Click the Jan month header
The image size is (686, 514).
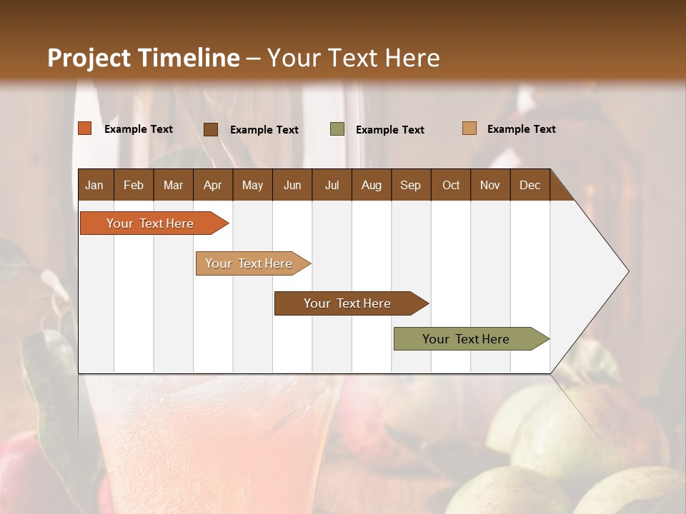pyautogui.click(x=94, y=185)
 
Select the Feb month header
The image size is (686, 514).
pyautogui.click(x=134, y=185)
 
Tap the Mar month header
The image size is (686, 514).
pyautogui.click(x=173, y=185)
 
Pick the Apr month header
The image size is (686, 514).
pyautogui.click(x=212, y=185)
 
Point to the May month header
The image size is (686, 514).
pyautogui.click(x=252, y=185)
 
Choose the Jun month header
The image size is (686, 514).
pyautogui.click(x=292, y=185)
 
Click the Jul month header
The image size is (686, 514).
pyautogui.click(x=332, y=185)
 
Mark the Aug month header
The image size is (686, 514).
pyautogui.click(x=371, y=185)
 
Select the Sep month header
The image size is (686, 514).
pyautogui.click(x=410, y=185)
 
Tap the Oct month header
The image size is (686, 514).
pyautogui.click(x=451, y=185)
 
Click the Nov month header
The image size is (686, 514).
pyautogui.click(x=489, y=185)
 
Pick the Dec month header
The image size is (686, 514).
pyautogui.click(x=530, y=185)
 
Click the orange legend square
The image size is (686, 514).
pyautogui.click(x=84, y=128)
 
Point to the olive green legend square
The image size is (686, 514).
pyautogui.click(x=337, y=129)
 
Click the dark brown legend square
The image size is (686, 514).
pyautogui.click(x=211, y=129)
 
